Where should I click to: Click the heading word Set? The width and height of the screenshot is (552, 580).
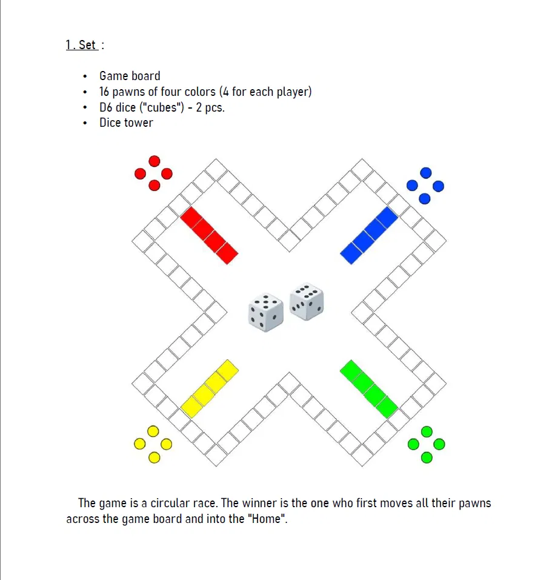click(87, 45)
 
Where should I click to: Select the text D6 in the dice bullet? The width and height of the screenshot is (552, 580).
click(105, 107)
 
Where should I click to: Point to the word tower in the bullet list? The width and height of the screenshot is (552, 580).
click(139, 123)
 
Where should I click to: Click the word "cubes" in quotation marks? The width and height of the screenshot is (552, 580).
click(161, 107)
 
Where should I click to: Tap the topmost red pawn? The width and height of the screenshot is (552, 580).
click(154, 161)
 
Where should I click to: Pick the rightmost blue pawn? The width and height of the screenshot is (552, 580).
click(438, 186)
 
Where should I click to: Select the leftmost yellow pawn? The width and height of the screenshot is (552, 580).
click(139, 444)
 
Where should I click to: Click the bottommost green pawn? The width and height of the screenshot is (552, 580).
click(427, 457)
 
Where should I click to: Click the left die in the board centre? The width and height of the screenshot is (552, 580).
click(265, 312)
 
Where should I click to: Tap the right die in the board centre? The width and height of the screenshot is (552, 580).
click(307, 302)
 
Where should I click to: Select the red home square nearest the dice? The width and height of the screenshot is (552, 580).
click(227, 253)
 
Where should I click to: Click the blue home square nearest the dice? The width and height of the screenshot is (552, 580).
click(351, 253)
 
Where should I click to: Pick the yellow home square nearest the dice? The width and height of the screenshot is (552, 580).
click(227, 371)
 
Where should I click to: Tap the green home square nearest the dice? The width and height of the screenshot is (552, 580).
click(351, 371)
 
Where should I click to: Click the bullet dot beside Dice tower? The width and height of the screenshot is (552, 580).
click(85, 123)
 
